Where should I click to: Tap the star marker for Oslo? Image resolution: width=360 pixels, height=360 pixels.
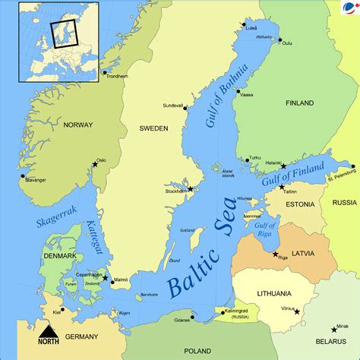pyautogui.click(x=96, y=164)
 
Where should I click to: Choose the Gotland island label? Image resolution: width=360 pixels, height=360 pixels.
pyautogui.click(x=188, y=230)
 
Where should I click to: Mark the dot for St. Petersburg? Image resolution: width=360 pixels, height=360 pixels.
pyautogui.click(x=352, y=166)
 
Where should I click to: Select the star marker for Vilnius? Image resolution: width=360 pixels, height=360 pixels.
pyautogui.click(x=297, y=311)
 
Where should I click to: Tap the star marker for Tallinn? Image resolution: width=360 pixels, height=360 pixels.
pyautogui.click(x=282, y=186)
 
